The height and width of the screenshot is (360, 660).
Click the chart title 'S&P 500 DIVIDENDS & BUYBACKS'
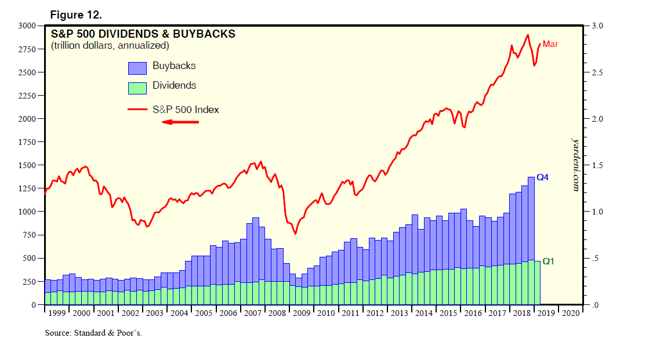point(143,34)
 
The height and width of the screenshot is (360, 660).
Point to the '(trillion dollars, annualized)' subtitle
point(110,45)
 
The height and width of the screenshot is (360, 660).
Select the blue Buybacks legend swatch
point(137,68)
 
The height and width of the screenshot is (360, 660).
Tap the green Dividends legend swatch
point(137,88)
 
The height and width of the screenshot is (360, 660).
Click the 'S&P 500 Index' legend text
point(186,109)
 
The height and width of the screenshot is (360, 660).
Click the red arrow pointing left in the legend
point(180,122)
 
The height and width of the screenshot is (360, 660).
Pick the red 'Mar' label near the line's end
point(550,44)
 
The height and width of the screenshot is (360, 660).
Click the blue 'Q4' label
point(542,177)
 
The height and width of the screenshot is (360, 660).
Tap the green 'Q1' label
point(548,261)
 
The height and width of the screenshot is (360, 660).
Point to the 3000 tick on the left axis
point(27,26)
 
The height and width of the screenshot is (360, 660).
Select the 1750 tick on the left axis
point(27,142)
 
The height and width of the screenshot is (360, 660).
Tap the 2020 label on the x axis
point(570,313)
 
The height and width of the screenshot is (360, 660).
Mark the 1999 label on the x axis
point(57,313)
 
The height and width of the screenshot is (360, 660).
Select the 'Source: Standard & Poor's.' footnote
point(93,333)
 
